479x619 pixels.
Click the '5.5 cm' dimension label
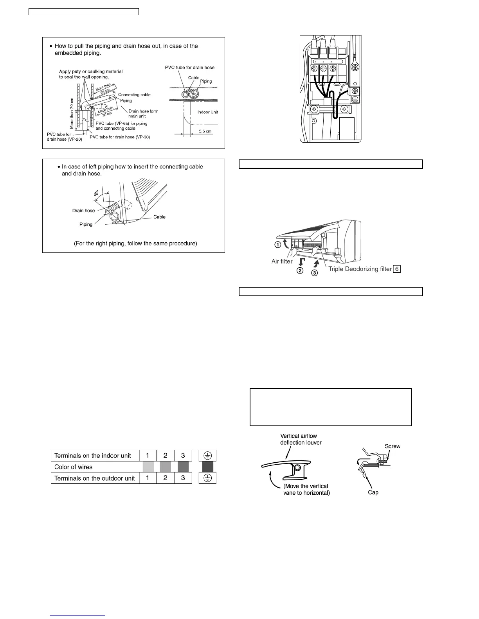(205, 131)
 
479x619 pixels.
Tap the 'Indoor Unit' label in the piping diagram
(207, 112)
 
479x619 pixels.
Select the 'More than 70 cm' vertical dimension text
(72, 113)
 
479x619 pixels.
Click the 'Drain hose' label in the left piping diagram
(83, 211)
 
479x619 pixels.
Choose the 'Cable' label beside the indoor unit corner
(159, 217)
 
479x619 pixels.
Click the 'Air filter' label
(282, 261)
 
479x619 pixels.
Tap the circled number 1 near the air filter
(277, 245)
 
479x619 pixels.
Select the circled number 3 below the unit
(314, 273)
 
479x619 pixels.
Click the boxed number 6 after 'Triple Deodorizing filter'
(397, 269)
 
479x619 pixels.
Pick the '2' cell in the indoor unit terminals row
(166, 455)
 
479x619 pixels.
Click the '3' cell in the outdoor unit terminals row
(183, 478)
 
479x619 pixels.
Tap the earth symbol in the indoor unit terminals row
(208, 455)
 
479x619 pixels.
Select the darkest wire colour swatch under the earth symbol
(208, 467)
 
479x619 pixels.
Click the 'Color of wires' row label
(73, 467)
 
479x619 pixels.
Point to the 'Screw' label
(393, 446)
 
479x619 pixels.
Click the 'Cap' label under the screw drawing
(373, 492)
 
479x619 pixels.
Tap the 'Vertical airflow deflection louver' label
(301, 439)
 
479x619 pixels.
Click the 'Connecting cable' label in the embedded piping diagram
(134, 95)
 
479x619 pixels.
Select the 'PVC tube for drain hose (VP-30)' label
(120, 137)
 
